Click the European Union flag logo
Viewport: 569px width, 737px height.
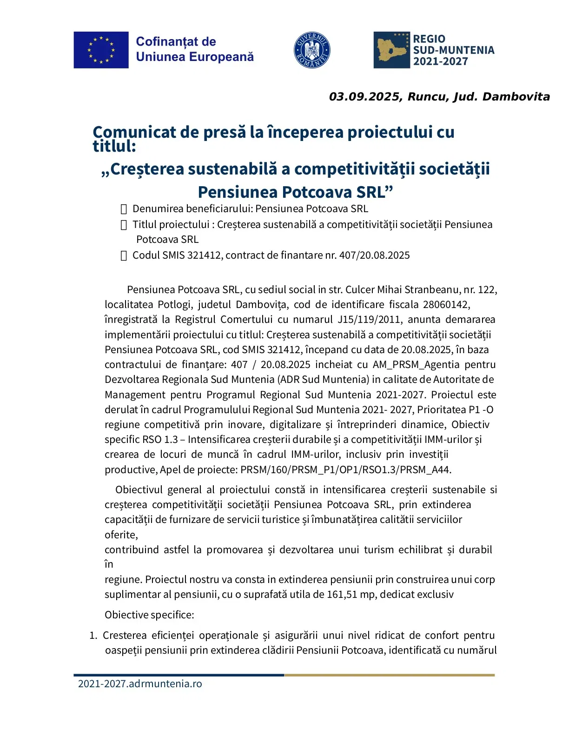point(101,50)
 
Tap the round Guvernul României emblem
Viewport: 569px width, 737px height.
point(312,50)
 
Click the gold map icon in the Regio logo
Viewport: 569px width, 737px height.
point(391,50)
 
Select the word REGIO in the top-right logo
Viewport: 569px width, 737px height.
point(429,39)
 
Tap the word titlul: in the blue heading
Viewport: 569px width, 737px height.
point(114,147)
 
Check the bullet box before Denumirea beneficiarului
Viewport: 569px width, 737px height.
point(124,209)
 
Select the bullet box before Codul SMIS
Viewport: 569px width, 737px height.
point(124,255)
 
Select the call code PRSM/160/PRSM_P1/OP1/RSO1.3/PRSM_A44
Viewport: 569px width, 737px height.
point(345,469)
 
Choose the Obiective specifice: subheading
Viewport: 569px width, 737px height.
point(149,615)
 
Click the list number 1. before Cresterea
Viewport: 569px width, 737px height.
point(93,636)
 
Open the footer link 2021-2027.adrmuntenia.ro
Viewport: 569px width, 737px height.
point(140,684)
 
